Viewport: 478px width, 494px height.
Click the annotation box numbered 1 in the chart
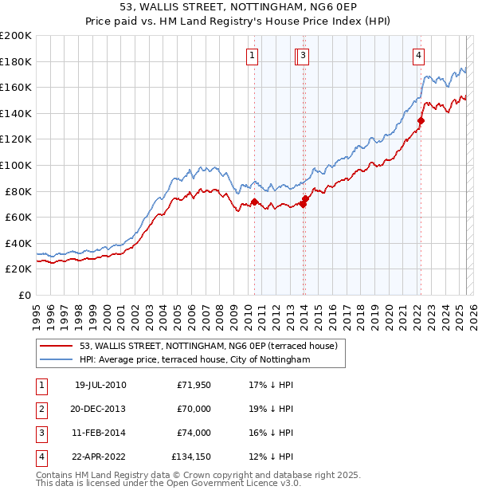click(x=252, y=56)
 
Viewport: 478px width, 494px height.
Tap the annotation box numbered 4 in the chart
click(x=418, y=56)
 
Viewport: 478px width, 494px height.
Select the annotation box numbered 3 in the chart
click(x=305, y=56)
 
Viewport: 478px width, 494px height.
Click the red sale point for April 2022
click(x=421, y=120)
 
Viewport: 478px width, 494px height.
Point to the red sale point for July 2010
click(x=254, y=202)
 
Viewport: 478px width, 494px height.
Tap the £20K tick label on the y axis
click(x=18, y=269)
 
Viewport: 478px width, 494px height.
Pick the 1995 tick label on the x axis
click(x=37, y=316)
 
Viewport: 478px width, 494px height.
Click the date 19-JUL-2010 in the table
click(x=100, y=385)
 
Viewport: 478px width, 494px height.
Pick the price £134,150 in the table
click(x=191, y=457)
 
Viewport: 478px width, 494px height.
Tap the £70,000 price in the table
click(x=194, y=409)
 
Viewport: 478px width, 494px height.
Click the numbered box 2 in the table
click(x=39, y=409)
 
